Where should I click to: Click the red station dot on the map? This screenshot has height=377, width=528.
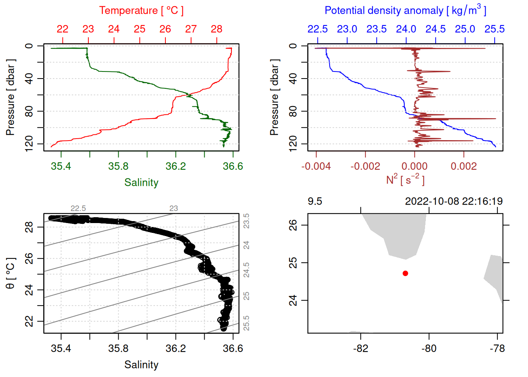point(405,273)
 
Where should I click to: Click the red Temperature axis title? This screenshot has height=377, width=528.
point(141,11)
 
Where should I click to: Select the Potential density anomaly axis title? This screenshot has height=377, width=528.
point(405,10)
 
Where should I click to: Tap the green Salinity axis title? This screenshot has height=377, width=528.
point(141,183)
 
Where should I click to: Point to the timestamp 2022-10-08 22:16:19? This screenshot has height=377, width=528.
point(454,201)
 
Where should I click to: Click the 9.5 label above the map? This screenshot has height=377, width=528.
point(315,201)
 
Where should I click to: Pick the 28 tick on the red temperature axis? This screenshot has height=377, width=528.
point(216,29)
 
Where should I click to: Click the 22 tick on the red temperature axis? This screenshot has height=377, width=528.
point(62,29)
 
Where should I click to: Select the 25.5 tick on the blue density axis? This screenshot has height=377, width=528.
point(494,29)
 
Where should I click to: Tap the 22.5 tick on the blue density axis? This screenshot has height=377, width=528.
point(317,29)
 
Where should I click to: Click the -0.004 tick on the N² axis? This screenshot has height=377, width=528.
point(316,167)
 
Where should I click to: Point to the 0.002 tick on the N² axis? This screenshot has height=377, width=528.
point(464,167)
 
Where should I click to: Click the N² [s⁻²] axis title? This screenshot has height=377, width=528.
point(405,180)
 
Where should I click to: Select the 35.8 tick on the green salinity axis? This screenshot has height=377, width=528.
point(118,167)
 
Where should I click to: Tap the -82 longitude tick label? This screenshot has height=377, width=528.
point(360,349)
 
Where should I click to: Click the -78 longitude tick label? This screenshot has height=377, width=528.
point(497,349)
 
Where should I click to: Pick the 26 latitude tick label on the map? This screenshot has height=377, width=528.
point(293,225)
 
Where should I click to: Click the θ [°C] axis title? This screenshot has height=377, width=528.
point(10,273)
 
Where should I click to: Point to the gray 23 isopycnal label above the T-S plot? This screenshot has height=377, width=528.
point(173,209)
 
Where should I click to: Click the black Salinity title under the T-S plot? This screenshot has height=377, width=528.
point(141,365)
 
